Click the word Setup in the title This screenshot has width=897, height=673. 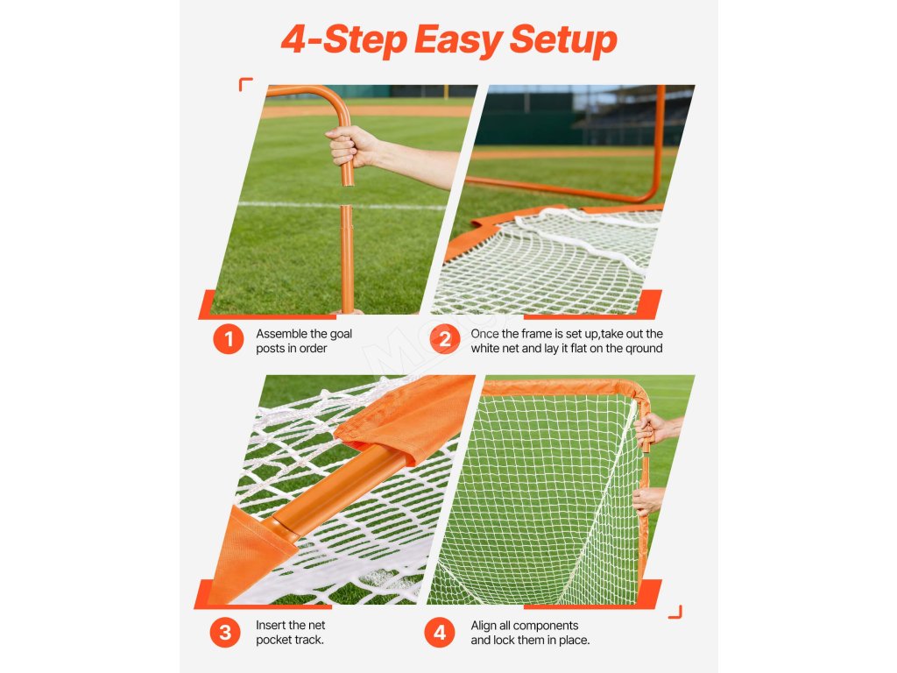(x=563, y=40)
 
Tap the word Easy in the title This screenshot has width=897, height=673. (x=457, y=41)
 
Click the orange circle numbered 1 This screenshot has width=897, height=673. (x=229, y=339)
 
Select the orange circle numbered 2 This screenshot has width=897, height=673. (x=444, y=339)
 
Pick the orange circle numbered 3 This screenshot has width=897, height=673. (x=225, y=633)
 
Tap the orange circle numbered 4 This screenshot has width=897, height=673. (x=440, y=633)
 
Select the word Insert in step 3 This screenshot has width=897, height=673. (x=271, y=625)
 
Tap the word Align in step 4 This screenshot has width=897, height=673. (x=484, y=626)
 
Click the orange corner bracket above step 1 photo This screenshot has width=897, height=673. (x=245, y=84)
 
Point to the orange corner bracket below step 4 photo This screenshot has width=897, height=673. (x=675, y=612)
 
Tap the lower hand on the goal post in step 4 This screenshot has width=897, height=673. (x=648, y=500)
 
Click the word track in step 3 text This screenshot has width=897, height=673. (x=309, y=640)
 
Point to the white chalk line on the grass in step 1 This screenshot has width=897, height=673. (x=342, y=205)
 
